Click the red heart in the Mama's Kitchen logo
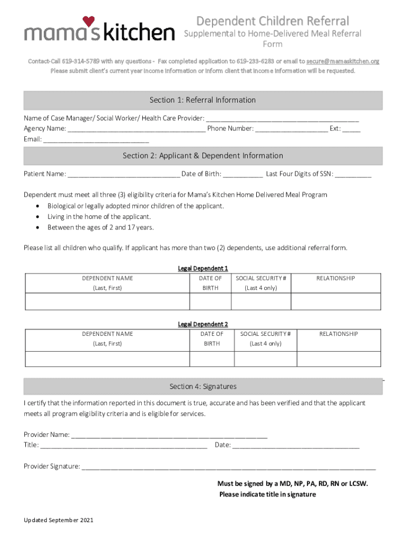click(x=88, y=22)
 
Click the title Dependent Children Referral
click(x=272, y=21)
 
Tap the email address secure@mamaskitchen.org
click(x=343, y=62)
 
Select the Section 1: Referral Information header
click(x=203, y=100)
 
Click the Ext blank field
click(x=351, y=129)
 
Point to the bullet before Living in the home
click(x=37, y=217)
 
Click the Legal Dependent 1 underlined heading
click(x=203, y=268)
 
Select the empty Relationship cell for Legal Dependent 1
click(x=335, y=301)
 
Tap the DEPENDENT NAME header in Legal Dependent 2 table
click(x=108, y=334)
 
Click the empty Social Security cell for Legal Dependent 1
click(x=261, y=301)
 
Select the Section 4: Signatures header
click(x=203, y=386)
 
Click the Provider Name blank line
click(x=169, y=435)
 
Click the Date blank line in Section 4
click(x=295, y=446)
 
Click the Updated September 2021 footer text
click(x=59, y=520)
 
